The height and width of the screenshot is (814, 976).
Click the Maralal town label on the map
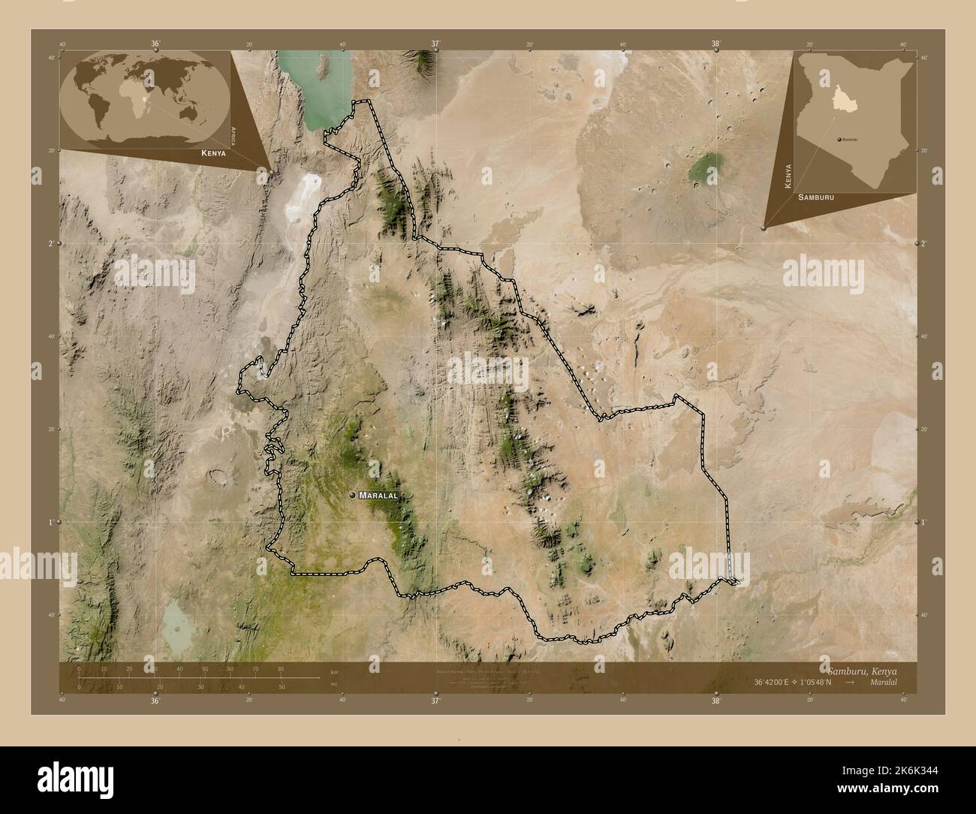pyautogui.click(x=378, y=496)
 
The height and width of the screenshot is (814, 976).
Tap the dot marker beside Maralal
pyautogui.click(x=353, y=496)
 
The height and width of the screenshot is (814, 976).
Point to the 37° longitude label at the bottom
pyautogui.click(x=435, y=701)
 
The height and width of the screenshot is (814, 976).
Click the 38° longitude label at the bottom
pyautogui.click(x=716, y=701)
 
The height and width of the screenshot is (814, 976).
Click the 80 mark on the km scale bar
pyautogui.click(x=281, y=668)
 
